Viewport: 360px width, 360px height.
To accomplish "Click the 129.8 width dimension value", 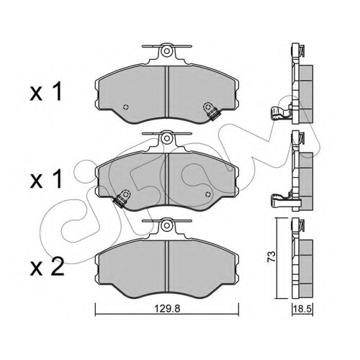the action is [x=167, y=309].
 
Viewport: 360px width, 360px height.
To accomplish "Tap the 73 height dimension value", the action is [x=272, y=257].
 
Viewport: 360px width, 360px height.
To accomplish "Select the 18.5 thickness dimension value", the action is [x=302, y=309].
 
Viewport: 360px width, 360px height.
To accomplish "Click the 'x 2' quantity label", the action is [x=47, y=267].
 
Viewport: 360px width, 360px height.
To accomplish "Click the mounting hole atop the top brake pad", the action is [x=166, y=51].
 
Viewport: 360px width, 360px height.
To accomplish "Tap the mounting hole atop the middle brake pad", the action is [x=166, y=138].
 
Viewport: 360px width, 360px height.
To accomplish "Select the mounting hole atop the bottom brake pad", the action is [x=166, y=225].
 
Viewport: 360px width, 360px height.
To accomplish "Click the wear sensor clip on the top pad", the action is [x=211, y=111].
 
